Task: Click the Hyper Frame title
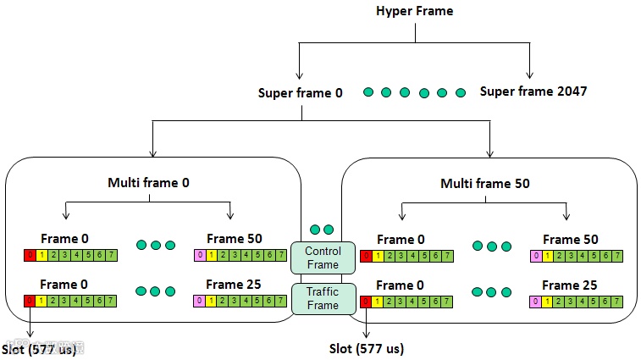pos(415,11)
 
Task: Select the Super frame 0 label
pos(300,91)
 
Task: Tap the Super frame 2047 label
pos(533,91)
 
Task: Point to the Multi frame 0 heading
pos(148,183)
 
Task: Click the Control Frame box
pos(322,258)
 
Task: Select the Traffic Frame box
pos(322,298)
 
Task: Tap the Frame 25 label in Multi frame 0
pos(233,285)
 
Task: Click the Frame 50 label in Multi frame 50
pos(570,240)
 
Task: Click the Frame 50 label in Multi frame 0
pos(233,240)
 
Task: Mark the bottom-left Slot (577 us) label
pos(38,348)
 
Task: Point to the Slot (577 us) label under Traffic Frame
pos(367,348)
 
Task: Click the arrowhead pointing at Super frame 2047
pos(530,75)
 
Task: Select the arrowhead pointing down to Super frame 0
pos(299,75)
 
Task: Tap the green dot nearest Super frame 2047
pos(461,91)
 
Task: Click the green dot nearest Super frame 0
pos(367,91)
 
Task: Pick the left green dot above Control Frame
pos(315,230)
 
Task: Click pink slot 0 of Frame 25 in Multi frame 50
pos(535,301)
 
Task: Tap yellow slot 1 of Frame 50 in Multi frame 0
pos(208,256)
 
